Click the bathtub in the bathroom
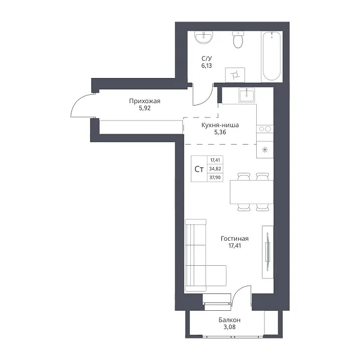pos(272,56)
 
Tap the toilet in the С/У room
pos(238,40)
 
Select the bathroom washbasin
pos(204,37)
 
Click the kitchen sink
pos(247,95)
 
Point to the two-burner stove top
pos(265,129)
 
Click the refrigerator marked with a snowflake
pos(265,149)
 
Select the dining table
pos(251,192)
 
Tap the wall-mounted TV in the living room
pos(268,252)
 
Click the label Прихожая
pos(145,101)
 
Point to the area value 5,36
pos(220,132)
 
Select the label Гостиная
pos(235,239)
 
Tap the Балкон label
pos(229,320)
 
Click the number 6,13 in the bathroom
pos(206,65)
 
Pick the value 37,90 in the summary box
pos(215,177)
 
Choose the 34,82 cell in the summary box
pos(215,169)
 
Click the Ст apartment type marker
pos(199,169)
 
